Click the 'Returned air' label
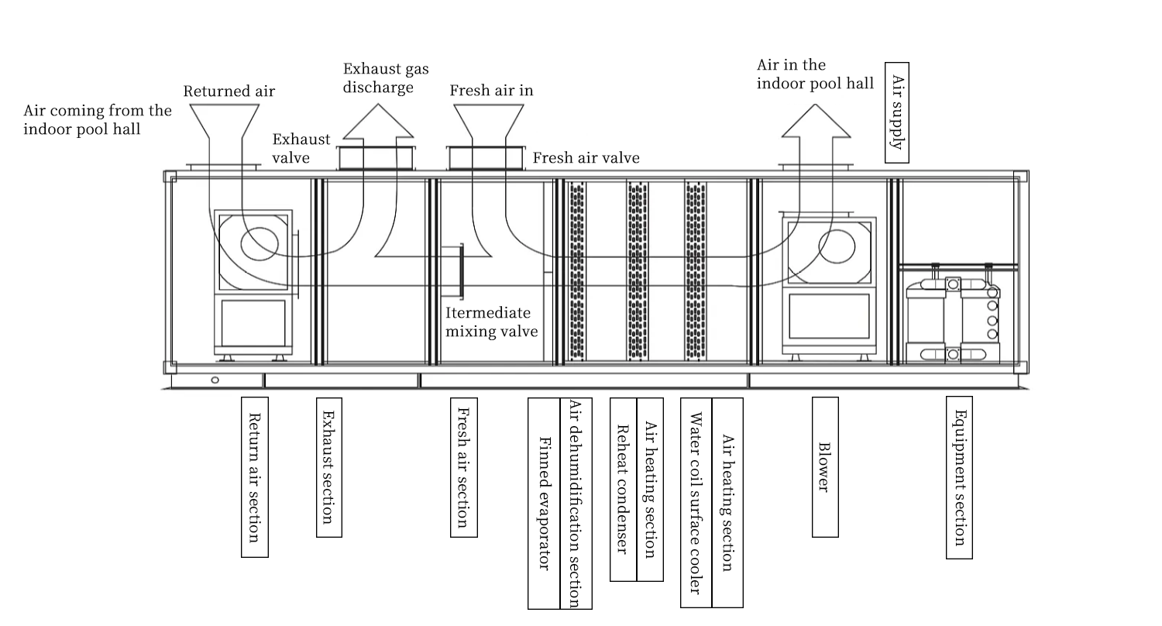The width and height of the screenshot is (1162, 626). (x=229, y=91)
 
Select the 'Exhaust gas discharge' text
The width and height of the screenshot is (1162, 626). (x=385, y=78)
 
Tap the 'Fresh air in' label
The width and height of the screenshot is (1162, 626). (x=491, y=91)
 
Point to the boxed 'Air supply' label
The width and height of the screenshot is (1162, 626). (x=897, y=112)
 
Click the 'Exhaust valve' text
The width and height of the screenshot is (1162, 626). (x=301, y=148)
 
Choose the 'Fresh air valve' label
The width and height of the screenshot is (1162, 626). (x=586, y=158)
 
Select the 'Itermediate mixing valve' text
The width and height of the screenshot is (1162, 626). (x=491, y=322)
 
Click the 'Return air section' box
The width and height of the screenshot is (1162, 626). (x=255, y=476)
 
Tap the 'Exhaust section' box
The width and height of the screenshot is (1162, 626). (x=328, y=467)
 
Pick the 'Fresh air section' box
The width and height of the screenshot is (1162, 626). (x=463, y=467)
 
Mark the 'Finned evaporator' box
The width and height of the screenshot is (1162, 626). (x=544, y=504)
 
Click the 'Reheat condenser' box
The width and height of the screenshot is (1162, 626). (x=623, y=489)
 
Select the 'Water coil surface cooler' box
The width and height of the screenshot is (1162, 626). (x=696, y=503)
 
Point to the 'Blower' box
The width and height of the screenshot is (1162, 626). (x=824, y=467)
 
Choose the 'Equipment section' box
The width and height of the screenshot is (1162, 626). (x=958, y=477)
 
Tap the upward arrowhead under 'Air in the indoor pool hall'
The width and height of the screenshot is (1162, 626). (x=816, y=122)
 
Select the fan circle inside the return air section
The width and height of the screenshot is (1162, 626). (x=260, y=244)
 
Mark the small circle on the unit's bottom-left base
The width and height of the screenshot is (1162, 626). (x=215, y=380)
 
